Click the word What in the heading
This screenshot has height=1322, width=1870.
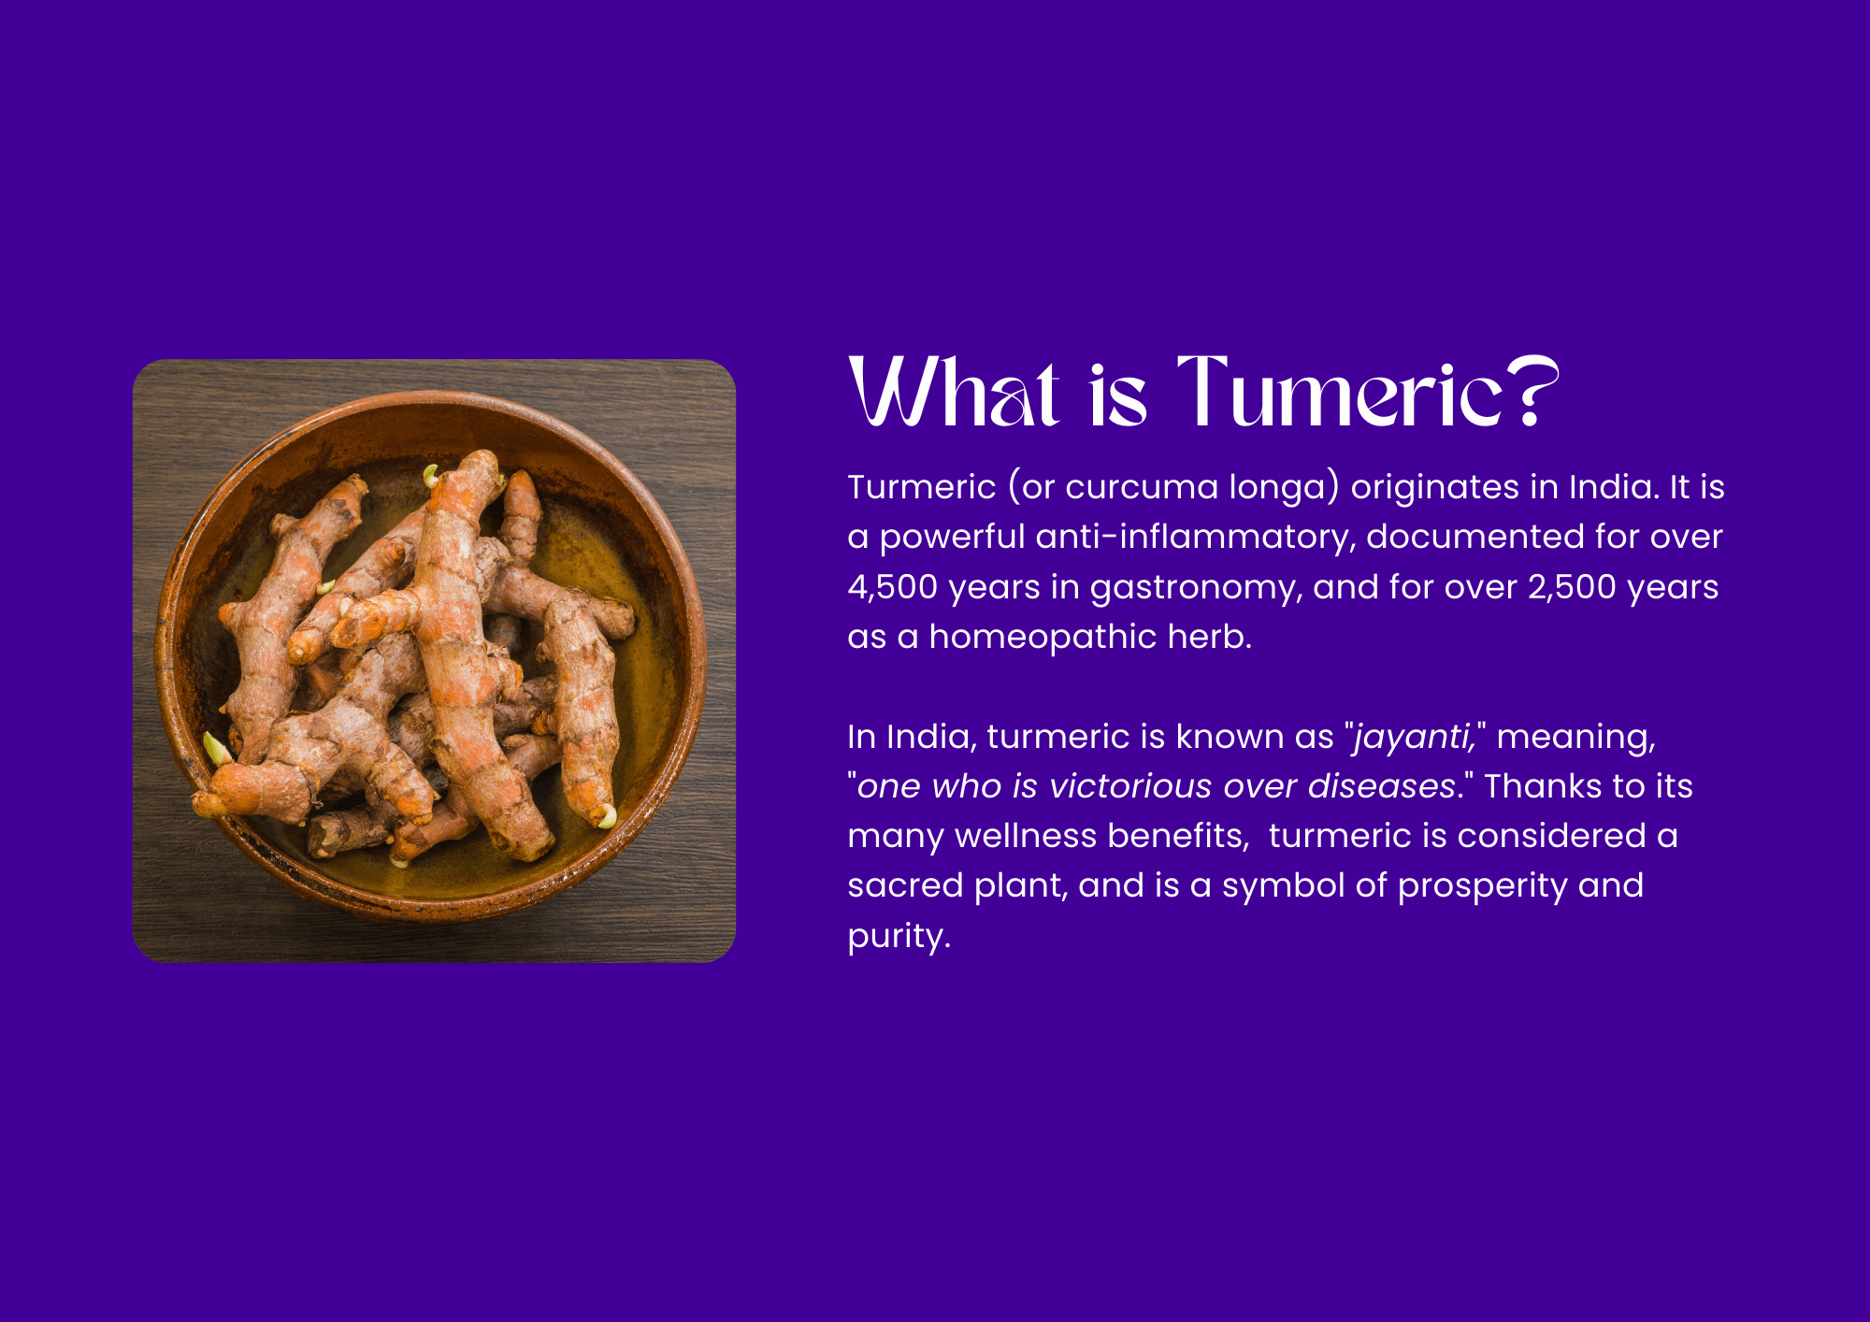(x=954, y=392)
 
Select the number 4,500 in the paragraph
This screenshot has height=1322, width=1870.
(x=893, y=587)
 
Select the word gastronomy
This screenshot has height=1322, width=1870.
(x=1196, y=589)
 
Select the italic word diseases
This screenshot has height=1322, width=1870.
(x=1381, y=786)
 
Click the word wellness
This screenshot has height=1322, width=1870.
(x=1026, y=836)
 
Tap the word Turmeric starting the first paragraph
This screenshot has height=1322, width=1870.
(x=922, y=487)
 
